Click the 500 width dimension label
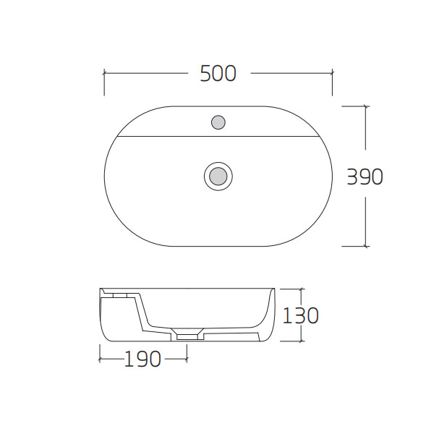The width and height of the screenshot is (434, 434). tap(218, 73)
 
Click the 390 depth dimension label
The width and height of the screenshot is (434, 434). tap(365, 176)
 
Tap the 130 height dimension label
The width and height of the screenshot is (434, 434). tap(300, 315)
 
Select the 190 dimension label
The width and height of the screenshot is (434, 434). tap(142, 359)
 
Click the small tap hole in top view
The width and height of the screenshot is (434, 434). tap(218, 122)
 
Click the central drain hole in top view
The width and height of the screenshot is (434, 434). tap(218, 176)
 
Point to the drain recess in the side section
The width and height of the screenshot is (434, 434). tap(187, 333)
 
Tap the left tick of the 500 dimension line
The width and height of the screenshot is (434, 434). tap(104, 73)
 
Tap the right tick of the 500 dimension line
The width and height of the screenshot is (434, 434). tap(332, 73)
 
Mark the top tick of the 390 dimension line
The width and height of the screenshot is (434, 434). tap(366, 106)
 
